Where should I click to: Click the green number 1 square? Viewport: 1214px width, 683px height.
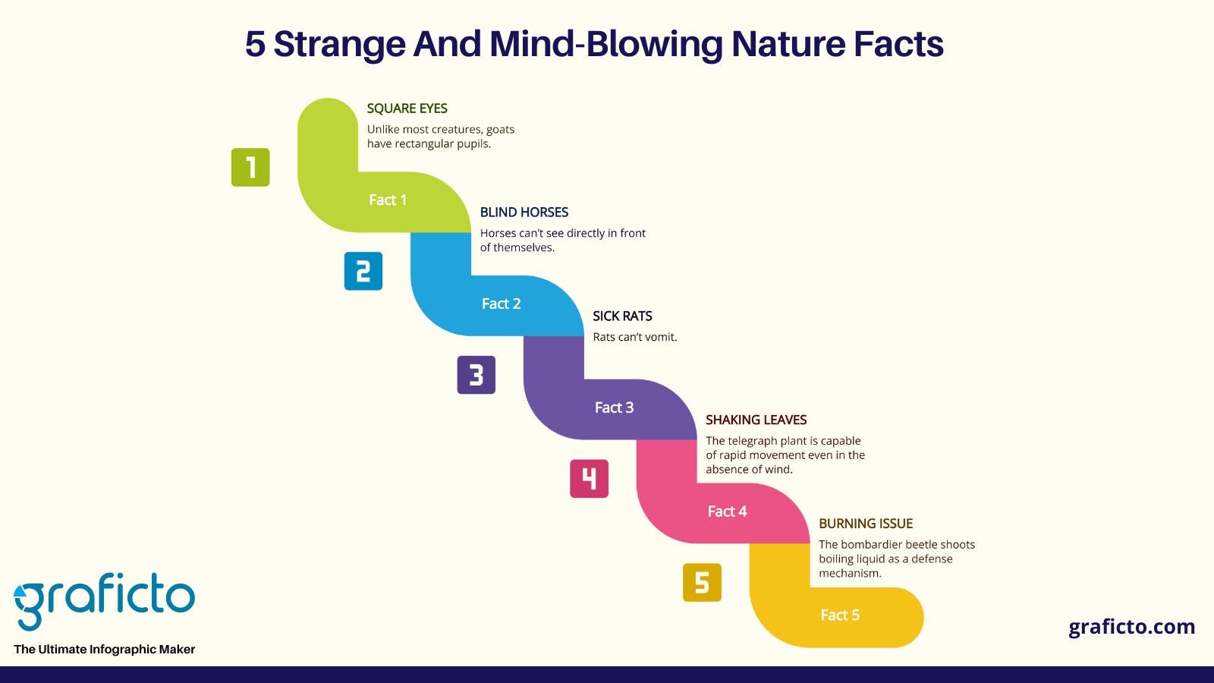(250, 168)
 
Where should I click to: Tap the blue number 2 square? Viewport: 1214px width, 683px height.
(363, 271)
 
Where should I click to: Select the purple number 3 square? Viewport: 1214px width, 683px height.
(476, 375)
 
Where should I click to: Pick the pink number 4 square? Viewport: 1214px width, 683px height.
(589, 479)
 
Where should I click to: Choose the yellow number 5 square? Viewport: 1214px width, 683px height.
(702, 583)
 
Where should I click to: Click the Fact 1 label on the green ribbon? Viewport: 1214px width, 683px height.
(388, 200)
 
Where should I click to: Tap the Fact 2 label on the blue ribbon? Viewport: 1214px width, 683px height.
(502, 304)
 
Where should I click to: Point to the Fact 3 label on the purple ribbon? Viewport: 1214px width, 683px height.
(614, 408)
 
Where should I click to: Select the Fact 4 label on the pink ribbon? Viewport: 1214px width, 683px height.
(728, 511)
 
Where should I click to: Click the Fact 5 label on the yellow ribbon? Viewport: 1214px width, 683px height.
(840, 615)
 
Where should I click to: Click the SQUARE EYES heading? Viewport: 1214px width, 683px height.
(407, 109)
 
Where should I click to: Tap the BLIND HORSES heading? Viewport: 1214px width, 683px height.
(524, 212)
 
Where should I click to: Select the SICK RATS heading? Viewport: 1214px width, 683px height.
(622, 316)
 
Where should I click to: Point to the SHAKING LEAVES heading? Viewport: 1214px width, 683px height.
(756, 420)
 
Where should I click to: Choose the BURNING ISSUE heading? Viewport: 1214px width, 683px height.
(866, 524)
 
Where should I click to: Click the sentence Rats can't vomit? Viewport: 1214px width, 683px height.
(635, 337)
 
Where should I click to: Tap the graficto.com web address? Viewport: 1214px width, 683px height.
(1131, 627)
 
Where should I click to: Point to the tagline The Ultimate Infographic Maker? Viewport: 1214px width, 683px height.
(104, 650)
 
